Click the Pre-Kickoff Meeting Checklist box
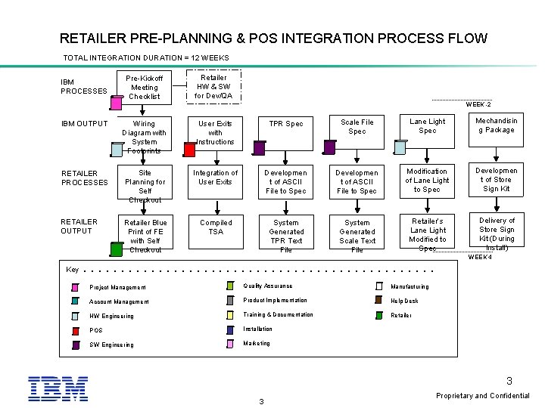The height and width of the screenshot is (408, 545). coord(144,87)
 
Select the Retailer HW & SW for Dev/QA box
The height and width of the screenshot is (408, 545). coord(213,86)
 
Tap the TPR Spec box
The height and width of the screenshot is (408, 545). coord(286,124)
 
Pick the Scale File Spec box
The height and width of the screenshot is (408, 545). coord(357,126)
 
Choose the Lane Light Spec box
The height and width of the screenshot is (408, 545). coord(427,126)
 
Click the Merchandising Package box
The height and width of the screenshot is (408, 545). coord(497,125)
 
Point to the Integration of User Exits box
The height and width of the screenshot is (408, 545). coord(216,178)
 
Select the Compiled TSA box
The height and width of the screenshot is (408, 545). coord(216,227)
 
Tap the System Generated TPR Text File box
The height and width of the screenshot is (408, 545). coord(286,236)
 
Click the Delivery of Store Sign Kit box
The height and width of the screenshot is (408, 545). coord(497,233)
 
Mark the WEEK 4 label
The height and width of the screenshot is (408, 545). coord(479,257)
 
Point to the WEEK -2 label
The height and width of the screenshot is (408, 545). coord(478,104)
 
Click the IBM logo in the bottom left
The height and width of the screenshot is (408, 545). coord(58,388)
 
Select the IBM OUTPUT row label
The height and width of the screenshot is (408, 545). coord(83,123)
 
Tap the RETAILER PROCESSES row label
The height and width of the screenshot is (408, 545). coord(84,178)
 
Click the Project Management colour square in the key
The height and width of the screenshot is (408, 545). coord(76,287)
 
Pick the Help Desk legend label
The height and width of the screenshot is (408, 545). coord(404,301)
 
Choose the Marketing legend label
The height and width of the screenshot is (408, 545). coord(256,343)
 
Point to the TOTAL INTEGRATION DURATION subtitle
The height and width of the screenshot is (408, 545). coord(146,58)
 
